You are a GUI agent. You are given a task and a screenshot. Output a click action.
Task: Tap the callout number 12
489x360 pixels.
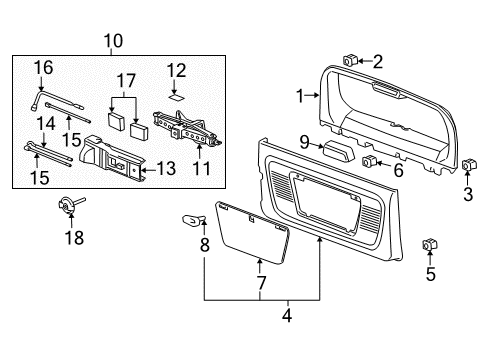(176, 69)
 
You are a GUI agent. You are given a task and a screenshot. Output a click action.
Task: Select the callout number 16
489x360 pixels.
(42, 68)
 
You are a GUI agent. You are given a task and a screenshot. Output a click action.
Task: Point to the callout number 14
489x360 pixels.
(43, 122)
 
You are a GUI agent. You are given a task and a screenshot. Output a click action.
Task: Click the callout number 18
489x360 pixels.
(75, 237)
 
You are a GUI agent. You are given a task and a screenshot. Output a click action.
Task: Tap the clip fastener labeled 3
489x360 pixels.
(469, 164)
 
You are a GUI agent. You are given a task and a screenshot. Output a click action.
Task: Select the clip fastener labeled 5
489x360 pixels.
(431, 245)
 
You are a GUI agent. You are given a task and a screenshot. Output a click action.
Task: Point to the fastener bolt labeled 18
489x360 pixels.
(67, 205)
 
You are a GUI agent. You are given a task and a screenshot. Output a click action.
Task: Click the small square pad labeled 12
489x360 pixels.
(175, 98)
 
